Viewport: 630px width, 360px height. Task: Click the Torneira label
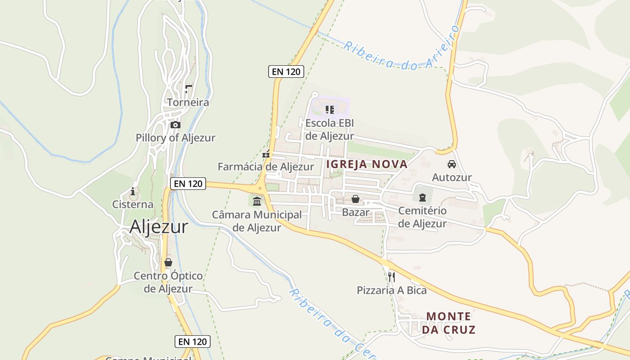point(188,103)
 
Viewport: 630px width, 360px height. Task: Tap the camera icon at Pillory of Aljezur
point(175,125)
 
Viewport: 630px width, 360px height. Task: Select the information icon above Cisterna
point(132,191)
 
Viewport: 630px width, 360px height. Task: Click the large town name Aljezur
point(158,227)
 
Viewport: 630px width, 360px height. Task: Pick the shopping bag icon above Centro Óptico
point(168,262)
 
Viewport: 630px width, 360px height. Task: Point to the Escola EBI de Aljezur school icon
point(330,109)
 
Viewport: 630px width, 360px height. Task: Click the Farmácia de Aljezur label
point(265,166)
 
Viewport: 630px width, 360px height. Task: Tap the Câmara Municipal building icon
point(257,201)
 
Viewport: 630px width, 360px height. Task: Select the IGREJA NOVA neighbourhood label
point(367,164)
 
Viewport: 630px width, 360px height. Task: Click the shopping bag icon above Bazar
point(355,198)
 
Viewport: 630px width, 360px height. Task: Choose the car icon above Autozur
point(452,164)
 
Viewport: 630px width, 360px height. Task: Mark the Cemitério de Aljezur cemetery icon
point(422,197)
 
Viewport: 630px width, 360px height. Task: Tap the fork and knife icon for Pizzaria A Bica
point(391,277)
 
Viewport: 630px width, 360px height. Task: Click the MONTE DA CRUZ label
point(448,323)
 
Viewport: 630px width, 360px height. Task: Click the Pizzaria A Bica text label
point(391,290)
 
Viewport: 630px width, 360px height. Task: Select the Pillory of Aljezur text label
point(175,138)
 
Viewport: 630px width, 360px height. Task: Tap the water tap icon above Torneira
point(189,89)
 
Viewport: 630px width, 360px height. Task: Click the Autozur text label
point(452,177)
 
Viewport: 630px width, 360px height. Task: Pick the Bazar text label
point(355,212)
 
